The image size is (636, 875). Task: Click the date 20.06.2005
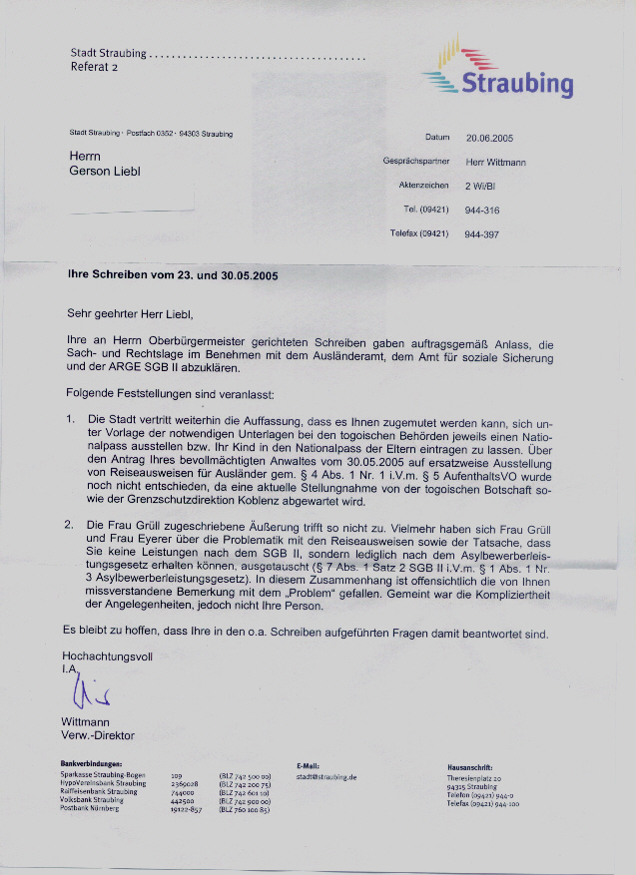click(489, 139)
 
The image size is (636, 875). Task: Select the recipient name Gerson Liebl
click(105, 171)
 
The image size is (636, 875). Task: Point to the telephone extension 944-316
click(481, 210)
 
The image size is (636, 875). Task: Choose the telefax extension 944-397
click(481, 233)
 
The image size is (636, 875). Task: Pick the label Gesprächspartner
click(416, 161)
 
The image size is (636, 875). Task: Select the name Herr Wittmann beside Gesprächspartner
click(496, 162)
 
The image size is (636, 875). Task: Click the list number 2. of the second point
click(69, 524)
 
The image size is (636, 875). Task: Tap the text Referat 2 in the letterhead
click(94, 67)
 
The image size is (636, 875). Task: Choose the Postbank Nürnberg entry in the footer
click(90, 808)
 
